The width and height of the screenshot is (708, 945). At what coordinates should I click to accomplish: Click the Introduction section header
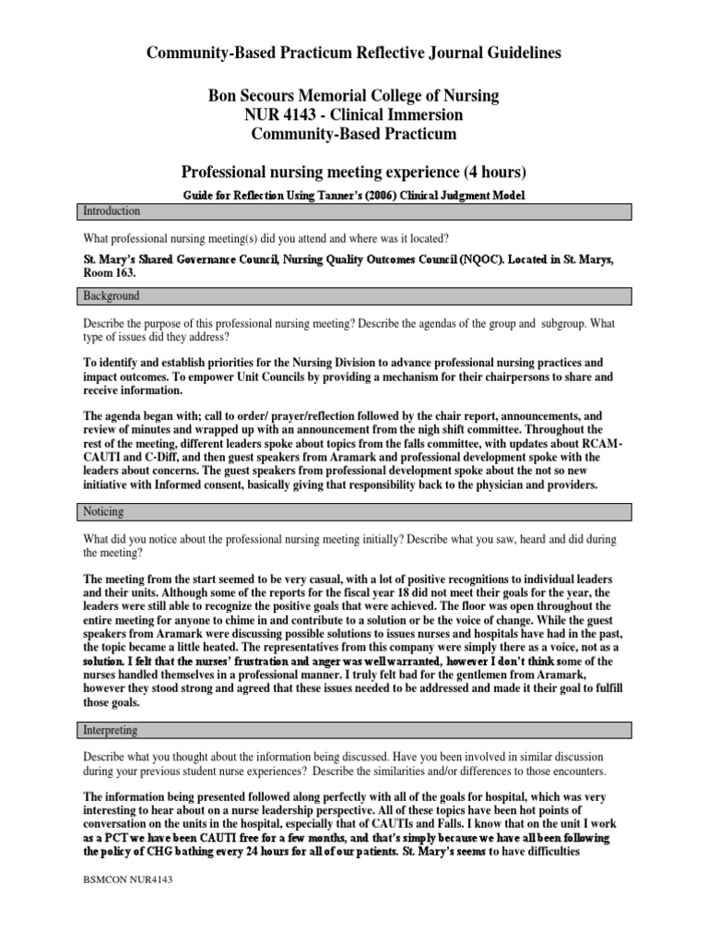click(x=109, y=211)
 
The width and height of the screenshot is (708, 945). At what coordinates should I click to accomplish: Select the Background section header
click(x=109, y=296)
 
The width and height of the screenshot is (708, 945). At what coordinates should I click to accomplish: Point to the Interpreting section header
click(x=110, y=730)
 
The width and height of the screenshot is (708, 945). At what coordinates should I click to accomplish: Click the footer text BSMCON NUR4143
click(x=126, y=879)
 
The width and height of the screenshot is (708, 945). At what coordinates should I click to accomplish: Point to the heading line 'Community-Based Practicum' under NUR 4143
click(x=353, y=135)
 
